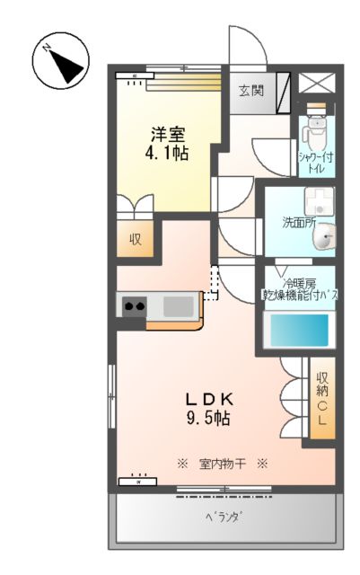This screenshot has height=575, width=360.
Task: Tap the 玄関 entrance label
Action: click(x=250, y=90)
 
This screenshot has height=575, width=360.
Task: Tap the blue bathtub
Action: click(x=301, y=330)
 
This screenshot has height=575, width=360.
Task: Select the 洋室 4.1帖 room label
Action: click(x=168, y=145)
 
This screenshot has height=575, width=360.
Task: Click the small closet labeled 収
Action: click(x=136, y=240)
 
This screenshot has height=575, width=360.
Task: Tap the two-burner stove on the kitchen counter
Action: click(x=136, y=307)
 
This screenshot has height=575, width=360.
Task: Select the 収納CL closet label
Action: click(x=322, y=399)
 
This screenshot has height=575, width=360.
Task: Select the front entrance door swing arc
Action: click(x=246, y=45)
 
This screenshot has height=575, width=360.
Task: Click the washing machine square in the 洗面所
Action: click(x=317, y=199)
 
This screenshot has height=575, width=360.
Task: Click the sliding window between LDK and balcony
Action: click(x=222, y=489)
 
